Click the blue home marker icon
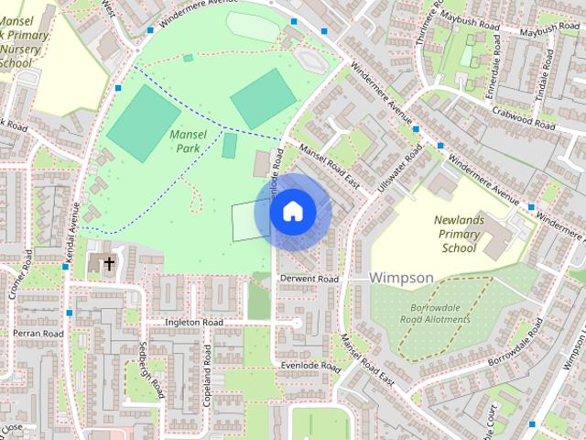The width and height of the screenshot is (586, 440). pyautogui.click(x=292, y=212)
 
